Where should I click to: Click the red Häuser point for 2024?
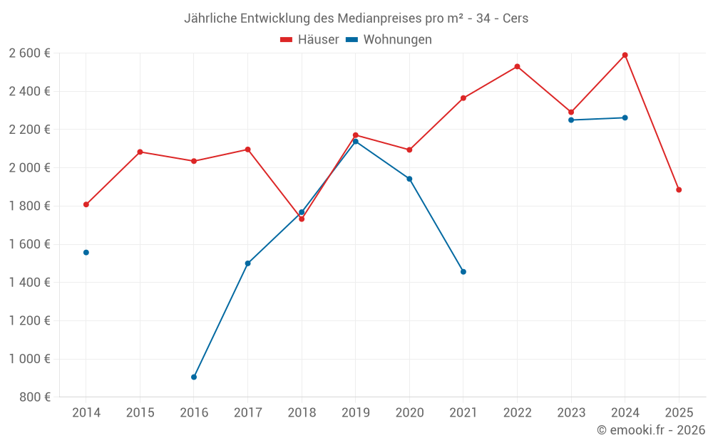(625, 55)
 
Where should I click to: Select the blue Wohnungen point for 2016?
(194, 377)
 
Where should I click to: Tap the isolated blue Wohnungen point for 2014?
(86, 252)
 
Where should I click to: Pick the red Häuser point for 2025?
(679, 189)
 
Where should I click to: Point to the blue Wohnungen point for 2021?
(463, 271)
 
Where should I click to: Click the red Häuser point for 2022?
(517, 66)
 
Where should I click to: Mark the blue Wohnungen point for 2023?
(571, 120)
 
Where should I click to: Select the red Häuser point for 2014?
(86, 204)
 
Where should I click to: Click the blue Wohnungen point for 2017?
(247, 263)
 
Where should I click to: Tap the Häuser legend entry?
(310, 40)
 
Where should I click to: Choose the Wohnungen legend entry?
(389, 40)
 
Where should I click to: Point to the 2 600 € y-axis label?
(29, 53)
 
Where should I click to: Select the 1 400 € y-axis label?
(29, 283)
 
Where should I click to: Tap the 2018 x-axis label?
(302, 413)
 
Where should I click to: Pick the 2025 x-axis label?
(679, 413)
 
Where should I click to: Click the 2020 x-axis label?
(409, 413)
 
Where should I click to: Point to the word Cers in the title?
(515, 18)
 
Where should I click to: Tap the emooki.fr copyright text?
(651, 430)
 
